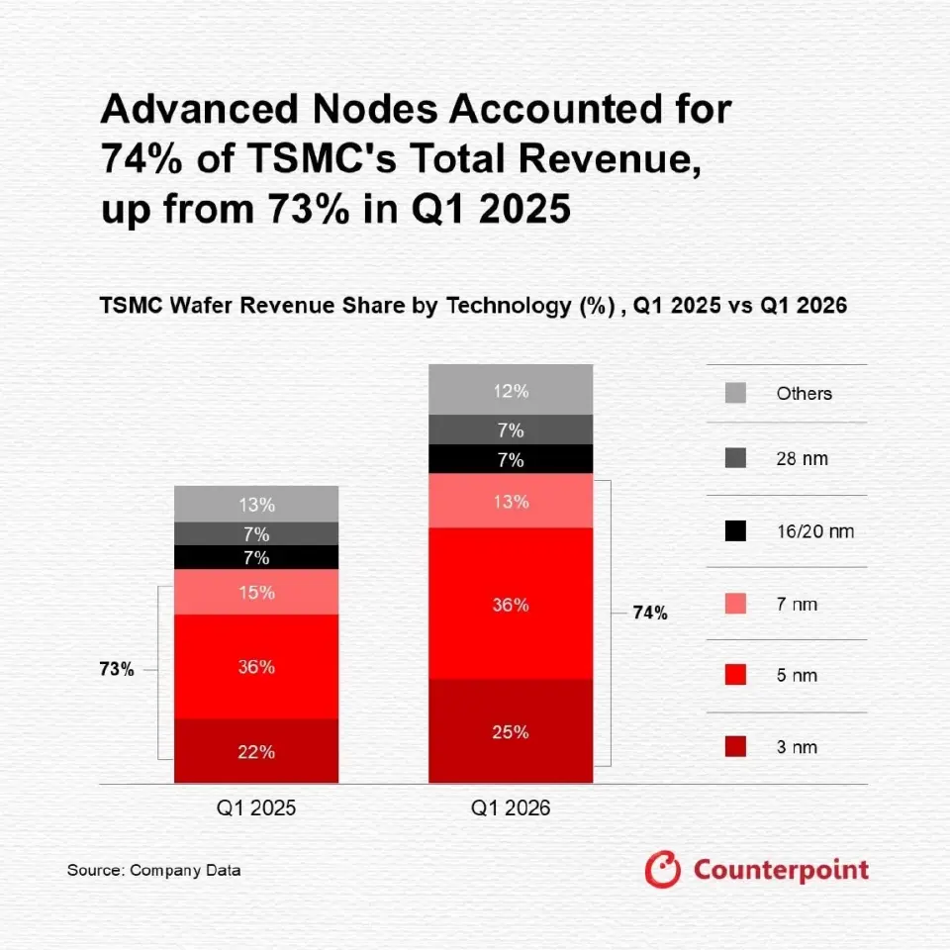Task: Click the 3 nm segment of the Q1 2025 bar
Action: point(256,751)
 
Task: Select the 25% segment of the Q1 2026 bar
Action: point(511,731)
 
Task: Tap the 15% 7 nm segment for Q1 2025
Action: point(256,592)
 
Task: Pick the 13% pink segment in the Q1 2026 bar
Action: point(511,501)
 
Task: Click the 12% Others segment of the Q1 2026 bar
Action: point(511,390)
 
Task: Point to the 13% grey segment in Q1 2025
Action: point(256,504)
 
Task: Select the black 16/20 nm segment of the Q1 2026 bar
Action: point(511,459)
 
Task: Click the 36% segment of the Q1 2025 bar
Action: point(256,666)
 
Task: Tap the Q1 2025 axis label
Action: point(256,807)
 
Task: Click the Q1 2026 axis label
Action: point(511,807)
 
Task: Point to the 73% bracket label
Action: point(116,670)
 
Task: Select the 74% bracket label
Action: point(650,614)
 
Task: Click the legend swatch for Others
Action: point(734,393)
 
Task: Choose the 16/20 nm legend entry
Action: point(814,531)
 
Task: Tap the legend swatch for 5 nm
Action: point(734,675)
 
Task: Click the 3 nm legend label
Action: point(797,747)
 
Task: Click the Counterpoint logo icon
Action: point(663,870)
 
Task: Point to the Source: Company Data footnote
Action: point(153,871)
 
